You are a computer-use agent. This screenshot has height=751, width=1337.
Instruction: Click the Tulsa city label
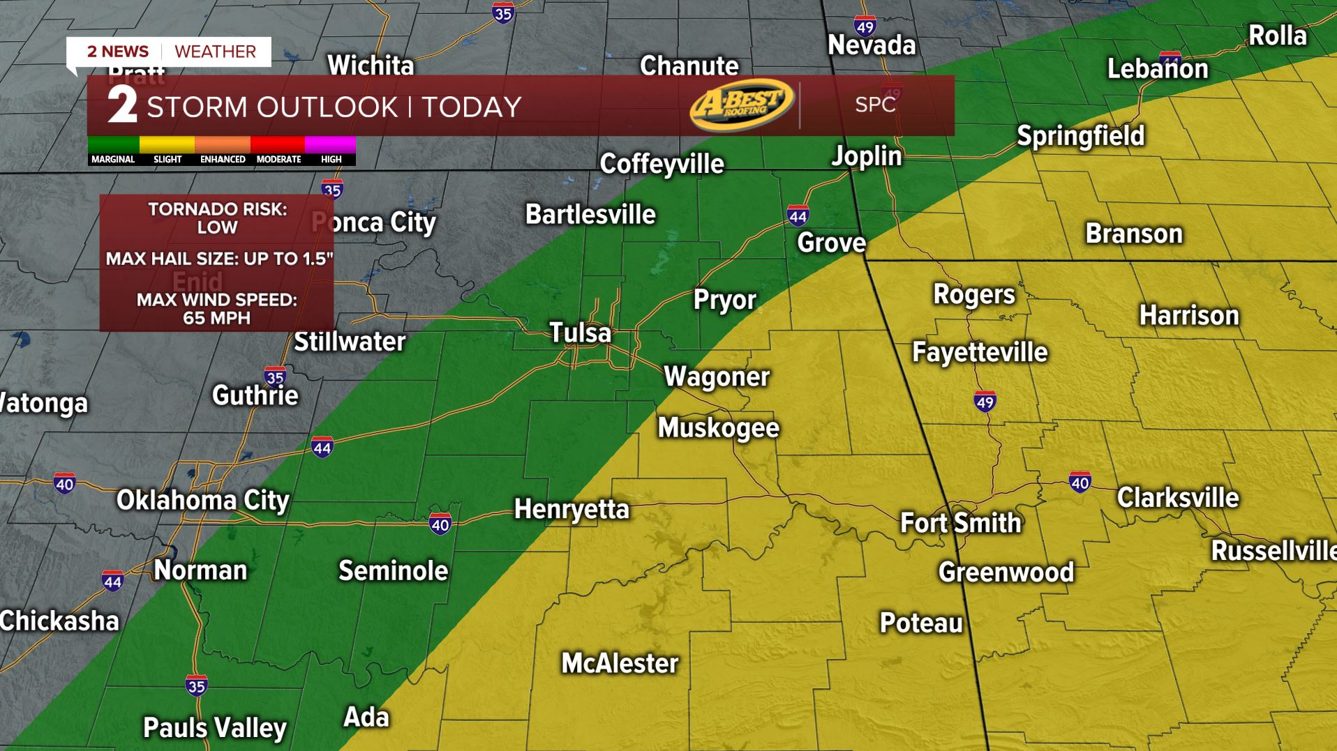point(580,333)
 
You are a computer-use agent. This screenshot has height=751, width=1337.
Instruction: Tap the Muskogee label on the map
point(718,427)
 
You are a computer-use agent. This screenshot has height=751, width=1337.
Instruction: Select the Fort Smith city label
point(960,523)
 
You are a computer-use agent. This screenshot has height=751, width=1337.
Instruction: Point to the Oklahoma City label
point(202,500)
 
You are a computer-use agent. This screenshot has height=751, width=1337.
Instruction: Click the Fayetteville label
point(980,352)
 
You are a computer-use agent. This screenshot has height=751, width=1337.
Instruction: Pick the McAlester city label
point(620,663)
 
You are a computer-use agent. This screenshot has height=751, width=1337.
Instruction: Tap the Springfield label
point(1080,136)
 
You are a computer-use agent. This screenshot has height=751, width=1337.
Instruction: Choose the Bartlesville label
point(590,214)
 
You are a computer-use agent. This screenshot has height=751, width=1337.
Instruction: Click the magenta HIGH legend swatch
point(331,145)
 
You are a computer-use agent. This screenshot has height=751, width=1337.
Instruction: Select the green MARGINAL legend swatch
point(113,145)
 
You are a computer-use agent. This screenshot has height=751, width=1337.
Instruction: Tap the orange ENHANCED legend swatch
point(223,145)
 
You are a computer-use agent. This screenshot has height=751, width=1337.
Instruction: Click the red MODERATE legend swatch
point(278,145)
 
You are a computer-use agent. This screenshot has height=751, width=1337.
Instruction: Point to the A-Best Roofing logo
point(742,105)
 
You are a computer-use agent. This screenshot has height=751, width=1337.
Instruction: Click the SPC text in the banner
point(875,105)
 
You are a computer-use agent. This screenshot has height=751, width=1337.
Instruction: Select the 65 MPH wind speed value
point(216,318)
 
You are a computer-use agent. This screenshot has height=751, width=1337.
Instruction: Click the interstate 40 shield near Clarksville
point(1080,482)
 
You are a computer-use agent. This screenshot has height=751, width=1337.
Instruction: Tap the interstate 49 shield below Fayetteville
point(985,401)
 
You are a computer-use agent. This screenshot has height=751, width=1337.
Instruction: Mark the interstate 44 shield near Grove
point(798,216)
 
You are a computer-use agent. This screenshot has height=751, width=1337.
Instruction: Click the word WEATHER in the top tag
point(215,52)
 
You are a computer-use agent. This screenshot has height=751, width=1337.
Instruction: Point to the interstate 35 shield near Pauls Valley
point(196,686)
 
